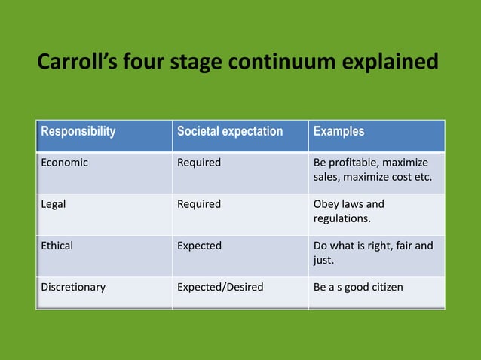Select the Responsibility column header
(78, 131)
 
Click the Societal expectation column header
(230, 131)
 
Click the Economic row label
(64, 163)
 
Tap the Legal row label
(53, 204)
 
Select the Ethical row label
(57, 246)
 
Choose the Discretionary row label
(73, 287)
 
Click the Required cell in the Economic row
(199, 163)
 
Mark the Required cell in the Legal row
(199, 204)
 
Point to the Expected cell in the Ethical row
(200, 246)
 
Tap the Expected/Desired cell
(220, 287)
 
